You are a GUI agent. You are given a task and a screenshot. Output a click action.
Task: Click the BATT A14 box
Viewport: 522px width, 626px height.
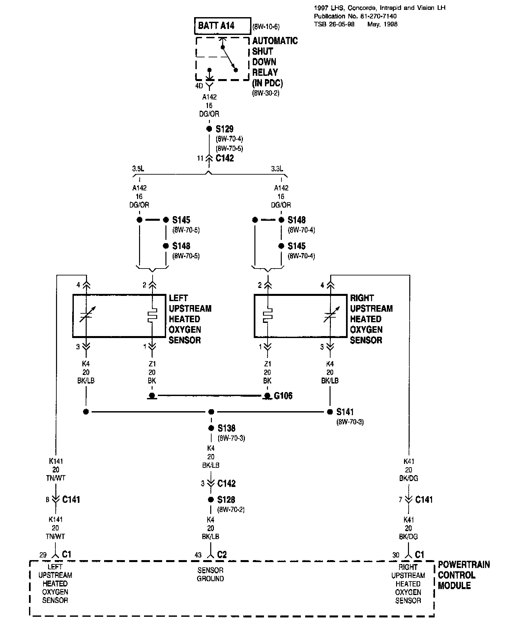222,26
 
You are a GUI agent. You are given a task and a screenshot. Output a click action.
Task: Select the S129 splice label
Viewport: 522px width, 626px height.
224,129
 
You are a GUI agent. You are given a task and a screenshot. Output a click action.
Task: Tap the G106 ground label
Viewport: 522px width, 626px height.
283,395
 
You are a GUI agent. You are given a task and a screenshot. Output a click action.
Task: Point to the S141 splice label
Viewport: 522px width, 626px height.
345,412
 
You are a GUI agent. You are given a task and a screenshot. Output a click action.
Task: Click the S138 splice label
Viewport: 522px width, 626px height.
226,428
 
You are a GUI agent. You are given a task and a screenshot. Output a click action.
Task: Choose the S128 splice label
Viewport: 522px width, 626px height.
226,499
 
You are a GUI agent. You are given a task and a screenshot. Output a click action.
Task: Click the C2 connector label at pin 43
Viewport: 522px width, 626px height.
222,555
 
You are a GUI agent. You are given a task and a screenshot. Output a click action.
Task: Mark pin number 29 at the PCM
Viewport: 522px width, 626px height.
43,555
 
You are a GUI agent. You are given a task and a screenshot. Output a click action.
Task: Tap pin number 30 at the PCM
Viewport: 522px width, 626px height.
396,555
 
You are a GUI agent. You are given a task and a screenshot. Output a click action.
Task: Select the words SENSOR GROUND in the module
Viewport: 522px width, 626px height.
210,574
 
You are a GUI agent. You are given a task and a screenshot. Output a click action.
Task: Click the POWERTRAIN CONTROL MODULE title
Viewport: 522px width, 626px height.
464,575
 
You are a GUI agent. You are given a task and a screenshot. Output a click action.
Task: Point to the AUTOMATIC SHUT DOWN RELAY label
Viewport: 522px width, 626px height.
275,62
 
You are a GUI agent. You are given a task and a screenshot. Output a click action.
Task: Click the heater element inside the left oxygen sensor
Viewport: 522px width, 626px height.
152,315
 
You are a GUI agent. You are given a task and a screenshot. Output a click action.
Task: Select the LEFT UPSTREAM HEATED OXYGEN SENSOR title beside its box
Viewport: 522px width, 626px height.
190,319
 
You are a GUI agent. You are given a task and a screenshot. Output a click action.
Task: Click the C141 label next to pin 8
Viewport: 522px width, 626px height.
71,499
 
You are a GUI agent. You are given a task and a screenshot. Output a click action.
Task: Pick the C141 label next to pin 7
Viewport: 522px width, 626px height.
424,499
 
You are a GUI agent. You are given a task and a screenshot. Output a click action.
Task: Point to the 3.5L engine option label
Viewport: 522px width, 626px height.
138,169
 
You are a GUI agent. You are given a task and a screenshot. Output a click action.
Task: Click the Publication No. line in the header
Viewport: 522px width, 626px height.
355,16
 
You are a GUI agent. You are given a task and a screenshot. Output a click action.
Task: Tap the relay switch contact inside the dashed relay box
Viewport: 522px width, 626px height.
229,59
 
